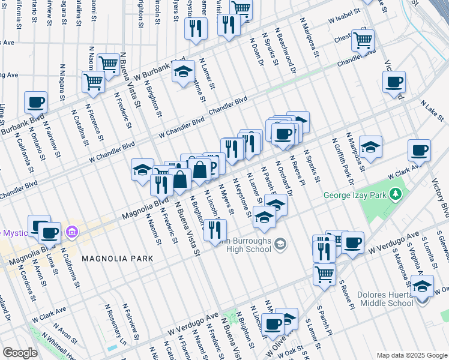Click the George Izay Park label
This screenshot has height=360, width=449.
point(355,194)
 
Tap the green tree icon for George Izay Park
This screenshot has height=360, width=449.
point(396,194)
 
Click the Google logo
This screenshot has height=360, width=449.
point(20,353)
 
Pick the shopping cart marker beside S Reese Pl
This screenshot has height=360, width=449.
point(324,274)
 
